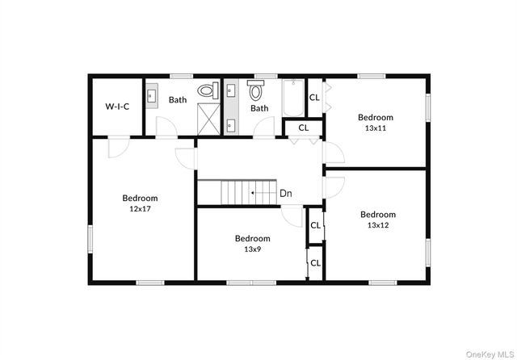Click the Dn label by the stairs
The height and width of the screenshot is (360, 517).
(x=286, y=193)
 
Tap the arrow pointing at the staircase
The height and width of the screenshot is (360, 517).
(x=263, y=193)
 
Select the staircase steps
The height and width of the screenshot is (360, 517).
(x=238, y=193)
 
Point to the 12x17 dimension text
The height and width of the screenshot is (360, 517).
(x=140, y=208)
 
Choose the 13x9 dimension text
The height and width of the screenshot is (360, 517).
(x=252, y=249)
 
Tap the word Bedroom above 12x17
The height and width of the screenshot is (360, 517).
(x=140, y=198)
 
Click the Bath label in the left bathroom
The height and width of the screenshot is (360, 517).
(x=178, y=100)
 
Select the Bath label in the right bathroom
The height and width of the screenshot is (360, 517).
(x=259, y=108)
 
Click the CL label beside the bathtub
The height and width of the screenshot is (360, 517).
(x=314, y=98)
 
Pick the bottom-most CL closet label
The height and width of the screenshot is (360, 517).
(x=316, y=262)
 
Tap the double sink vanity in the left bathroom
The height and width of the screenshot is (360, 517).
(x=152, y=97)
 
